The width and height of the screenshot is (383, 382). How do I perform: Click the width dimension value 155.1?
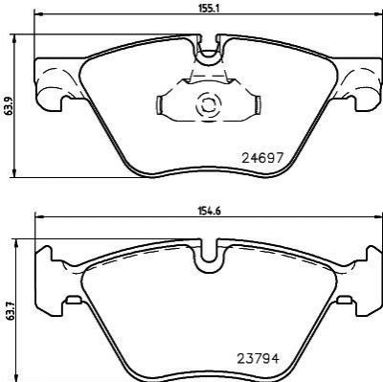pyautogui.click(x=209, y=9)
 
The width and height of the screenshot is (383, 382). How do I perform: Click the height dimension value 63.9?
pyautogui.click(x=10, y=106)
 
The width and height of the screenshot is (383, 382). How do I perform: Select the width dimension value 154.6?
pyautogui.click(x=209, y=211)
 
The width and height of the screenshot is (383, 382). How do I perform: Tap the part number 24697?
pyautogui.click(x=262, y=158)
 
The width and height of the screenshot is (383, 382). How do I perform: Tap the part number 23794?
pyautogui.click(x=259, y=359)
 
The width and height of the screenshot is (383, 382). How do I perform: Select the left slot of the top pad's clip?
pyautogui.click(x=159, y=104)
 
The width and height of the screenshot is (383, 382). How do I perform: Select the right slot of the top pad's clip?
pyautogui.click(x=258, y=104)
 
